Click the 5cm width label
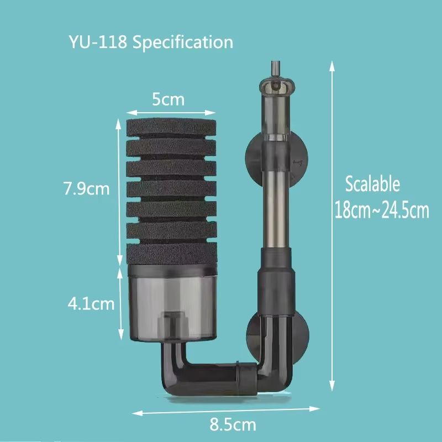[x=168, y=100]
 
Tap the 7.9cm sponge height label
[x=86, y=189]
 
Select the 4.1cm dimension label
[x=91, y=303]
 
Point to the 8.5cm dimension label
[x=233, y=425]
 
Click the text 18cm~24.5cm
[x=381, y=211]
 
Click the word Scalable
[x=372, y=184]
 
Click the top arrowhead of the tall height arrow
[x=332, y=65]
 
